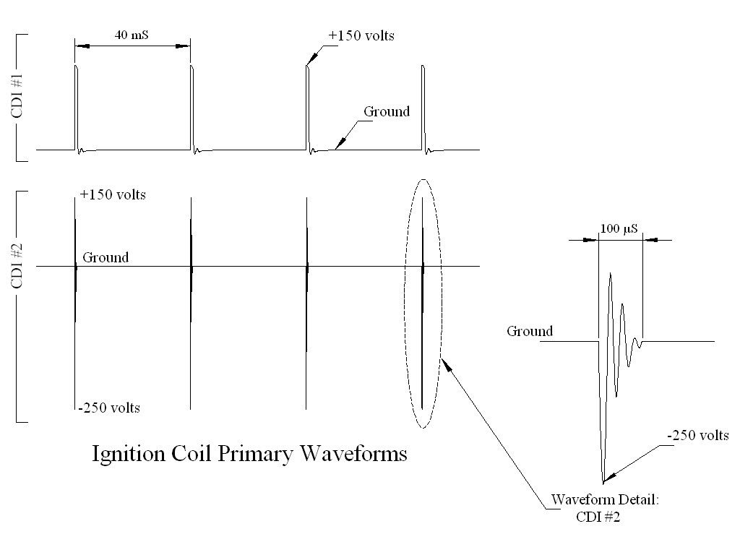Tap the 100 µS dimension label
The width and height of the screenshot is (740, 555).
click(619, 228)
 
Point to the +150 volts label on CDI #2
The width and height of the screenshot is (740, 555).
click(113, 195)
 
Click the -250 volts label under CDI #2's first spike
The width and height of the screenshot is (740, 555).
click(109, 408)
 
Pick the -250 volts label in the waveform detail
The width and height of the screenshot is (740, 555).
click(697, 435)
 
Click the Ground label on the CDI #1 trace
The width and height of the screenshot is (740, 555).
click(386, 111)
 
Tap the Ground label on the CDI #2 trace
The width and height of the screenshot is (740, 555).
click(106, 257)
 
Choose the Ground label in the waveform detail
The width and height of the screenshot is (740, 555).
click(529, 332)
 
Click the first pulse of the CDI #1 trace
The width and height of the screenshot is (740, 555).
click(76, 108)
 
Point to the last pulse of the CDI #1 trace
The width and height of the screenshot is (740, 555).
click(423, 108)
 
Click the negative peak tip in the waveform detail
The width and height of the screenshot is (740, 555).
click(603, 481)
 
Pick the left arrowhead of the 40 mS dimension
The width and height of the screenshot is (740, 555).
click(80, 46)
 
